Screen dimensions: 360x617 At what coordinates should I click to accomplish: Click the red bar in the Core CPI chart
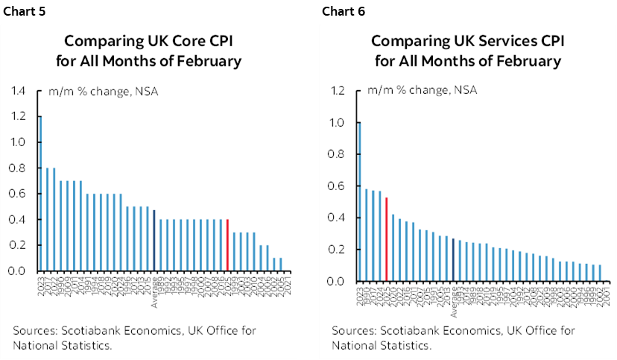227,245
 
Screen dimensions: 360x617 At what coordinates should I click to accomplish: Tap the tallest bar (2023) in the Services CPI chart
359,202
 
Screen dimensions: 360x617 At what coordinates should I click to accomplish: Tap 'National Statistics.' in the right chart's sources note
381,345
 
